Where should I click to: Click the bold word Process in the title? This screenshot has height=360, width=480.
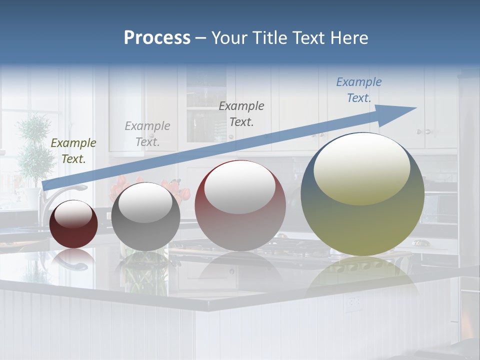coord(157,38)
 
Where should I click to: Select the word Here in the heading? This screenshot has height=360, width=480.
coord(349,38)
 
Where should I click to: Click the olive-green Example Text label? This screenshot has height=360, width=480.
coord(73,151)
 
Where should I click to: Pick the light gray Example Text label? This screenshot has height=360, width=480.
coord(147,133)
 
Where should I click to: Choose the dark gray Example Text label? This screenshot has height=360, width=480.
coord(241,113)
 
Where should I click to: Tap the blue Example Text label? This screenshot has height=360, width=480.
coord(359,90)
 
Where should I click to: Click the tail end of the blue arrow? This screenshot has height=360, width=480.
coord(46,185)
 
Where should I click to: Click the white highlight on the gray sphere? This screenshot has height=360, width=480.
coord(145,202)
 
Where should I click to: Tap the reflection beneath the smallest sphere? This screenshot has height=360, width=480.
coord(73,257)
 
